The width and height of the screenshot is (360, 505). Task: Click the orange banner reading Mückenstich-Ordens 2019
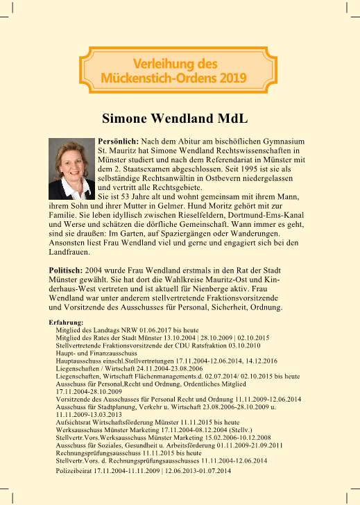179,68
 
